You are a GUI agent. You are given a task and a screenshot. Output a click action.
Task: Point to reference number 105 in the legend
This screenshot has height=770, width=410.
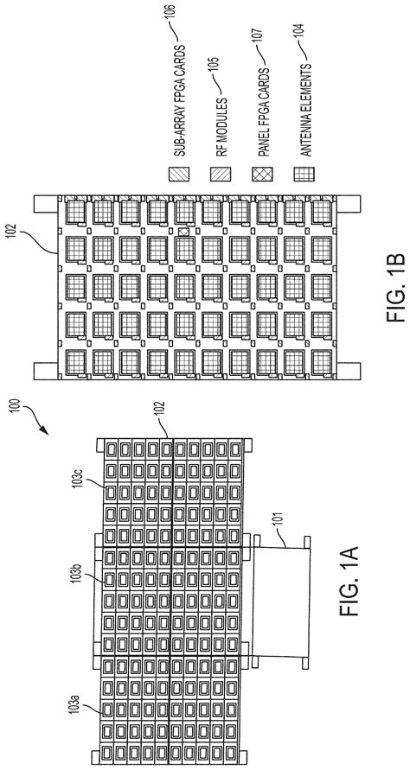click(215, 60)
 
